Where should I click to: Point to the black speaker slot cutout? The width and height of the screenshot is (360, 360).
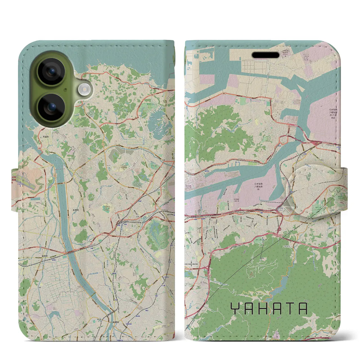tap(265, 55)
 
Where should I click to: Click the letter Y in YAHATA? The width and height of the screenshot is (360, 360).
tap(235, 309)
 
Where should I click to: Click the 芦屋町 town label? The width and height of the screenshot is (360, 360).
tap(46, 137)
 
